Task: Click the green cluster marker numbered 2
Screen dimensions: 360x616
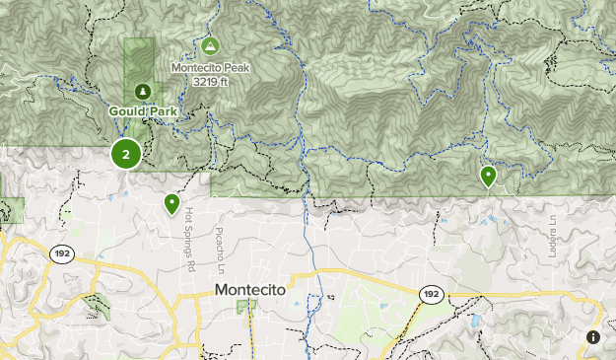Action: [x=126, y=154]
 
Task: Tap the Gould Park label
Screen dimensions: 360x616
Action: [x=143, y=111]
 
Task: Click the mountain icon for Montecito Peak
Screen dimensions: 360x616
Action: [x=209, y=46]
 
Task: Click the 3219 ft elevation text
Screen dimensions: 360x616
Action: [x=211, y=81]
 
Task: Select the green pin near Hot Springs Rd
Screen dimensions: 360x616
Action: [x=171, y=203]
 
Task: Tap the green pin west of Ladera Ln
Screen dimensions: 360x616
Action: [x=488, y=176]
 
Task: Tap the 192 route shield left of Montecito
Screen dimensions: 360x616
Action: [x=60, y=253]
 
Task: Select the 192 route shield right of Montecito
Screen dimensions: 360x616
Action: [x=431, y=293]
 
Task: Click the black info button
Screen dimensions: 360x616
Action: [x=593, y=337]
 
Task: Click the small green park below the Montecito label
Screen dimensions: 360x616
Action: [x=245, y=307]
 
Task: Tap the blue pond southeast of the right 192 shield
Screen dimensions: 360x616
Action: [x=475, y=322]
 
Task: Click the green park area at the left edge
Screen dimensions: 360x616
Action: [x=12, y=209]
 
